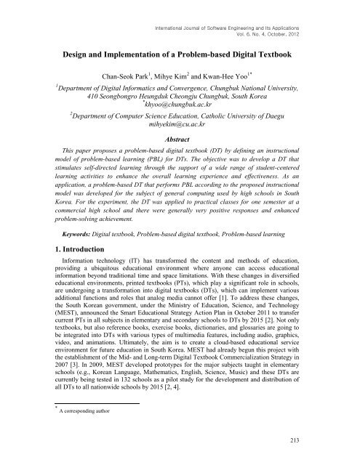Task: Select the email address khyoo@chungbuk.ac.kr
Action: click(x=181, y=105)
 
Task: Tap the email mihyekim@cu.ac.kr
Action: click(x=181, y=125)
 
